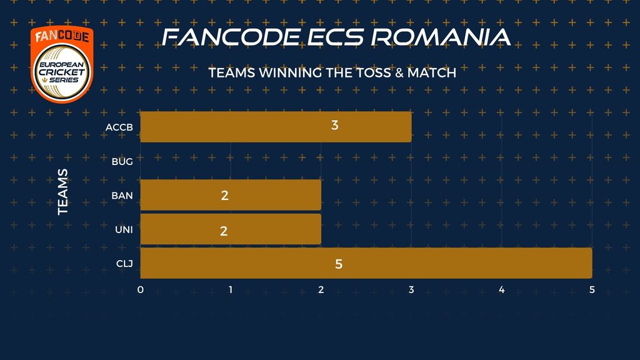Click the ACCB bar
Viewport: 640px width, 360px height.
pyautogui.click(x=276, y=127)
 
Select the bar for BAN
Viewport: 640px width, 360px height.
pyautogui.click(x=231, y=195)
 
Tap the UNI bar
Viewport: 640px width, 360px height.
pyautogui.click(x=231, y=229)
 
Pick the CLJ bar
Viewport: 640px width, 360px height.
pyautogui.click(x=366, y=263)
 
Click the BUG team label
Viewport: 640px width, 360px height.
pyautogui.click(x=122, y=162)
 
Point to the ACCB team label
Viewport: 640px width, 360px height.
pyautogui.click(x=119, y=127)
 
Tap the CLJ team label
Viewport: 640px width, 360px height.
pyautogui.click(x=124, y=264)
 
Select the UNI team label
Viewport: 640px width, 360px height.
pyautogui.click(x=124, y=230)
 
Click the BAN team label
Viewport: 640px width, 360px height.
pyautogui.click(x=122, y=196)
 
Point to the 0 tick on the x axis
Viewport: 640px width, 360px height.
pyautogui.click(x=141, y=290)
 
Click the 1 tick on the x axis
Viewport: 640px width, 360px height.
pyautogui.click(x=231, y=290)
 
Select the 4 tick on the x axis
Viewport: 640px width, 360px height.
pyautogui.click(x=502, y=290)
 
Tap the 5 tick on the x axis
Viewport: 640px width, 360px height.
pyautogui.click(x=592, y=290)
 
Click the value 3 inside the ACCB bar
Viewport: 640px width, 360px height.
pyautogui.click(x=335, y=125)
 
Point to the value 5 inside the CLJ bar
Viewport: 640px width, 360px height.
pyautogui.click(x=339, y=264)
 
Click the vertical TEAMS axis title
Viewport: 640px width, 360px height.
pyautogui.click(x=63, y=192)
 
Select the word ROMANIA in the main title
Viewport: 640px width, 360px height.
pyautogui.click(x=441, y=37)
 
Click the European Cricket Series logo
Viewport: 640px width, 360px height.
pyautogui.click(x=62, y=64)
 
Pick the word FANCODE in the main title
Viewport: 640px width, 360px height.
pyautogui.click(x=231, y=37)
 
